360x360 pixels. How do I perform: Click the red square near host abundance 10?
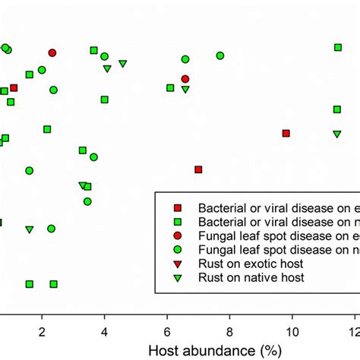click(x=286, y=133)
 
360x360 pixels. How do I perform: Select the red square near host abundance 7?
click(x=198, y=169)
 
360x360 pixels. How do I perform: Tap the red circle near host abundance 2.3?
click(x=52, y=52)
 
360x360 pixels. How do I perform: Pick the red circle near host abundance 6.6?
click(x=185, y=79)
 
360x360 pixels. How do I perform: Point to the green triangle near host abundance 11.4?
click(x=336, y=134)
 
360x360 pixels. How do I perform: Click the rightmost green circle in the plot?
click(x=220, y=55)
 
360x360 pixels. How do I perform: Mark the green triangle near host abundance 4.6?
click(x=123, y=64)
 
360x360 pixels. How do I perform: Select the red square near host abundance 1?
click(x=14, y=88)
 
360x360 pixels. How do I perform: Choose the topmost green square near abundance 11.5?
click(x=338, y=47)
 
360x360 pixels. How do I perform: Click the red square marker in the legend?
click(x=177, y=207)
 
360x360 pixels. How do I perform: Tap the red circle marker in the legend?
click(x=177, y=235)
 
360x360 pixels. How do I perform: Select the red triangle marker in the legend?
click(x=177, y=264)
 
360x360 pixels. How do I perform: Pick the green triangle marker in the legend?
click(x=177, y=278)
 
